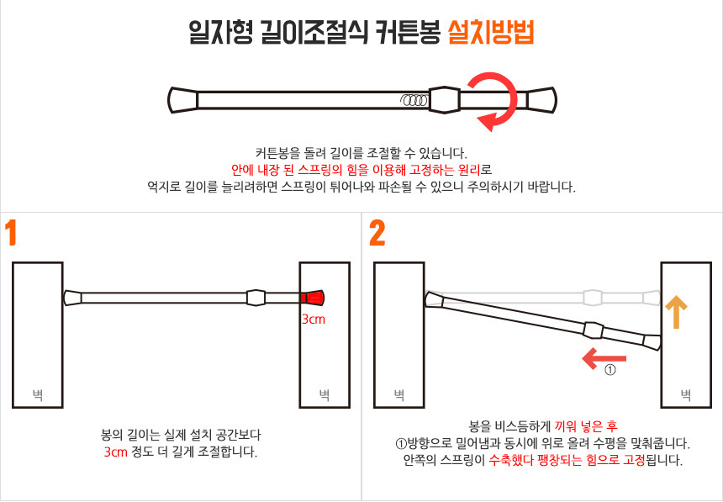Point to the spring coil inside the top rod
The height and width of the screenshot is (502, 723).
point(414,100)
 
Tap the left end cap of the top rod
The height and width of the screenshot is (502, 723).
point(183,100)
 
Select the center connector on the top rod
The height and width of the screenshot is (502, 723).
point(444,100)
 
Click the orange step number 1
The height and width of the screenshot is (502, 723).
point(11,233)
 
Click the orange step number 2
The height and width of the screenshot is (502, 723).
point(377,234)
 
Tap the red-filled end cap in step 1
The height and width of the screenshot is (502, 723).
point(312,298)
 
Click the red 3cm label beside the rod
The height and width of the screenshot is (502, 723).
point(314,320)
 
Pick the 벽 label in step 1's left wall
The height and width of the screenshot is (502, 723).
point(37,394)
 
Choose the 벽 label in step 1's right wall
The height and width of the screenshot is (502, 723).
point(325,394)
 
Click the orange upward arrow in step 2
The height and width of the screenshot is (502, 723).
point(677,311)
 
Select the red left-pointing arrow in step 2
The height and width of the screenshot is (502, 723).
point(604,358)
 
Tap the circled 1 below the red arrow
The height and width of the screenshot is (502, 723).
point(610,370)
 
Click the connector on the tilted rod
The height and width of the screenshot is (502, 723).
point(594,330)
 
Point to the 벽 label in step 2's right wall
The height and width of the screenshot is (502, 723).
point(686,394)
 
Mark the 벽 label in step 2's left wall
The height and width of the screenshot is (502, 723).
point(398,394)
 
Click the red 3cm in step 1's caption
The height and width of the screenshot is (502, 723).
point(116,452)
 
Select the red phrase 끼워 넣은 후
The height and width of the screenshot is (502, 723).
point(586,425)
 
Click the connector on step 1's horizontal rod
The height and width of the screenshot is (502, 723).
point(256,298)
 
